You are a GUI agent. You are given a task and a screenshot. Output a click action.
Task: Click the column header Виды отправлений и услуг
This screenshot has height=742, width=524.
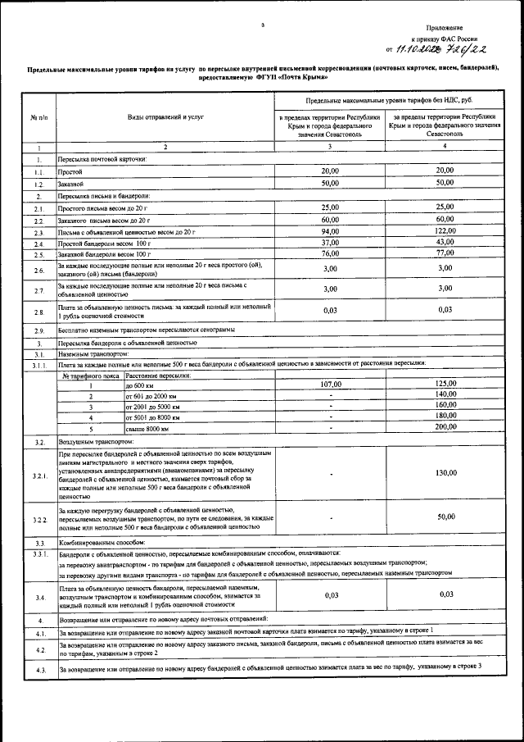click(164, 117)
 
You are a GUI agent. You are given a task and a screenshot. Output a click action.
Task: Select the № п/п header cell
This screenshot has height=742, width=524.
click(38, 117)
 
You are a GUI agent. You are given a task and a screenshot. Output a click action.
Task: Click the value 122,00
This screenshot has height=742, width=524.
click(445, 232)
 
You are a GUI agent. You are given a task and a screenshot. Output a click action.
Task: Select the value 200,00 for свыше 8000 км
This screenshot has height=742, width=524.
click(445, 427)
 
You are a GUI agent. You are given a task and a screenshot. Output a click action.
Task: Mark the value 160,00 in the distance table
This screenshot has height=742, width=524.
click(445, 405)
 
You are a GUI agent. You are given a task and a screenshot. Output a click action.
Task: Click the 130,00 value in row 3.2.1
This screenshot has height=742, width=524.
click(445, 473)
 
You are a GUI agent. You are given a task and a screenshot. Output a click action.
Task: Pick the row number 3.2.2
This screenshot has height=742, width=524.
click(38, 519)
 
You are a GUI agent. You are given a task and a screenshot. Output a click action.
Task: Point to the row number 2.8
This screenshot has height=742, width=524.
click(38, 312)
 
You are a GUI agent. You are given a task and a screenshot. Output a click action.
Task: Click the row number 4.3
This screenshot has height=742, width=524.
click(38, 671)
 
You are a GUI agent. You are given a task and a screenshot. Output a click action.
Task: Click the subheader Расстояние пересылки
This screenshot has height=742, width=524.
click(158, 375)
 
